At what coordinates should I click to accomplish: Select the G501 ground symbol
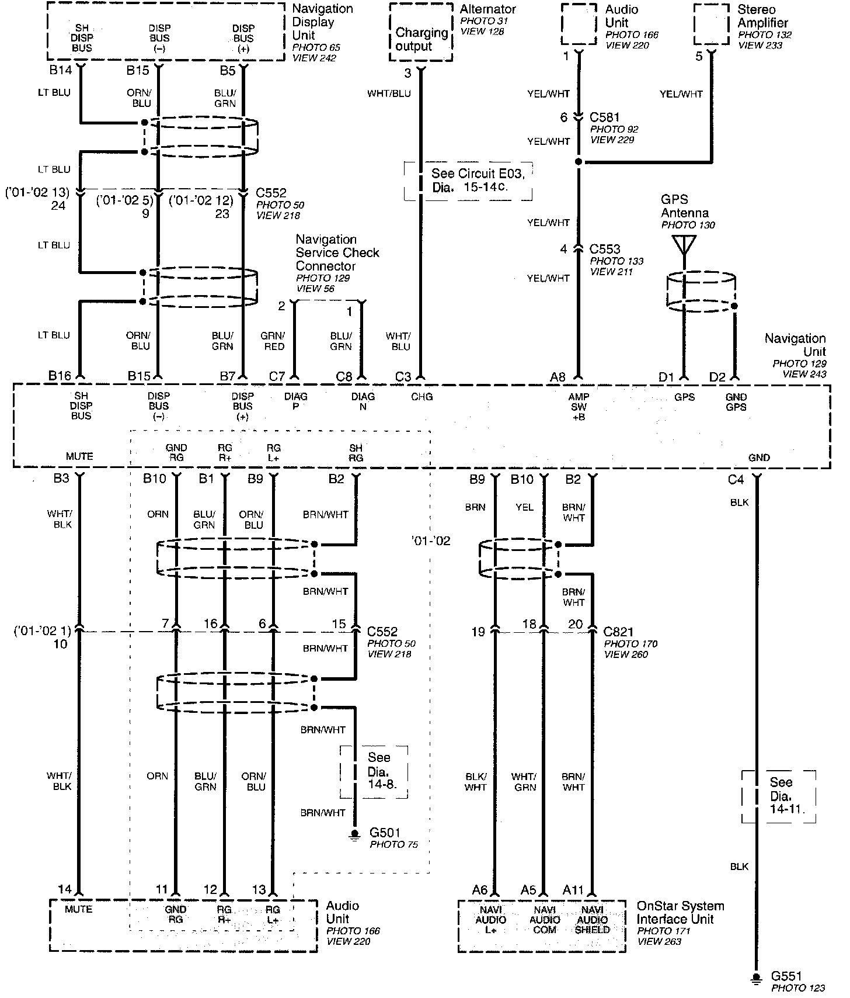tap(354, 834)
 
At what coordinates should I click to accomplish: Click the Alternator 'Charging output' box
tap(421, 39)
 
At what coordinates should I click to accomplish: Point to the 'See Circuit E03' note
tap(468, 181)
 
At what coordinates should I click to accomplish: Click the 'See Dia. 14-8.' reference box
tap(374, 771)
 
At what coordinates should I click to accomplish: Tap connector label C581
tap(604, 117)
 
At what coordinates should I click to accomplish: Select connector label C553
tap(604, 249)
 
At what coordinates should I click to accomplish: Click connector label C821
tap(619, 632)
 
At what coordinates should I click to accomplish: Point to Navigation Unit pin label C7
tap(277, 377)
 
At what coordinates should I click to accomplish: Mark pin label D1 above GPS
tap(666, 377)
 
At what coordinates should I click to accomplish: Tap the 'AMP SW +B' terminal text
tap(579, 407)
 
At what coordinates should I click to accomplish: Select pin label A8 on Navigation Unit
tap(558, 377)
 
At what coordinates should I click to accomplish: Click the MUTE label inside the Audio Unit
tap(79, 910)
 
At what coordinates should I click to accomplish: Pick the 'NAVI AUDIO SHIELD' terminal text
tap(592, 920)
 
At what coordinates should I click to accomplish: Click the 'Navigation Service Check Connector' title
tap(337, 252)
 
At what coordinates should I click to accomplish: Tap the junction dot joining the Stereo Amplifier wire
tap(579, 162)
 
